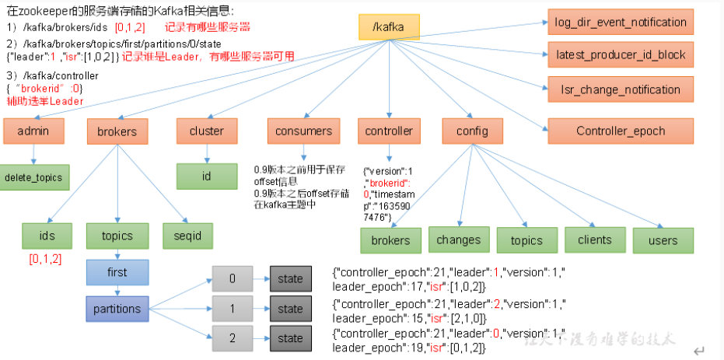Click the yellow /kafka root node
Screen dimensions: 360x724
pos(389,27)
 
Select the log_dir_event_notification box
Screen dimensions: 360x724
pos(620,22)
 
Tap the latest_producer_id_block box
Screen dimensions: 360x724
pos(620,55)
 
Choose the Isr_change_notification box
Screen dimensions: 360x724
pos(620,89)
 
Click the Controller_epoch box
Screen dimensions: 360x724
pos(620,131)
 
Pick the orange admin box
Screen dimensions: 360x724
pos(32,131)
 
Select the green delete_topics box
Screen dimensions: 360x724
pos(32,177)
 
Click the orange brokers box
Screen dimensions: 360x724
pos(117,131)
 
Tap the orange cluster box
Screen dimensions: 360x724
pos(206,131)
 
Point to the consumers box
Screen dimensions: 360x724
pos(303,131)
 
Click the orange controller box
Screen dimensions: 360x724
pos(389,131)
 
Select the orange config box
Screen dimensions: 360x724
pos(472,131)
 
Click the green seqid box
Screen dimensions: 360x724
pos(184,235)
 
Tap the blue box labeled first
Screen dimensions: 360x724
pos(117,273)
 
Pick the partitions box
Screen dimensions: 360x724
pos(117,309)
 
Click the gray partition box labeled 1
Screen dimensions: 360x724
pos(233,309)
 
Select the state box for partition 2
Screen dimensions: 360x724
pos(290,338)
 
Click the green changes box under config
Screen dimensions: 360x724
pos(458,240)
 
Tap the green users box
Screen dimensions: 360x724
pos(663,241)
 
